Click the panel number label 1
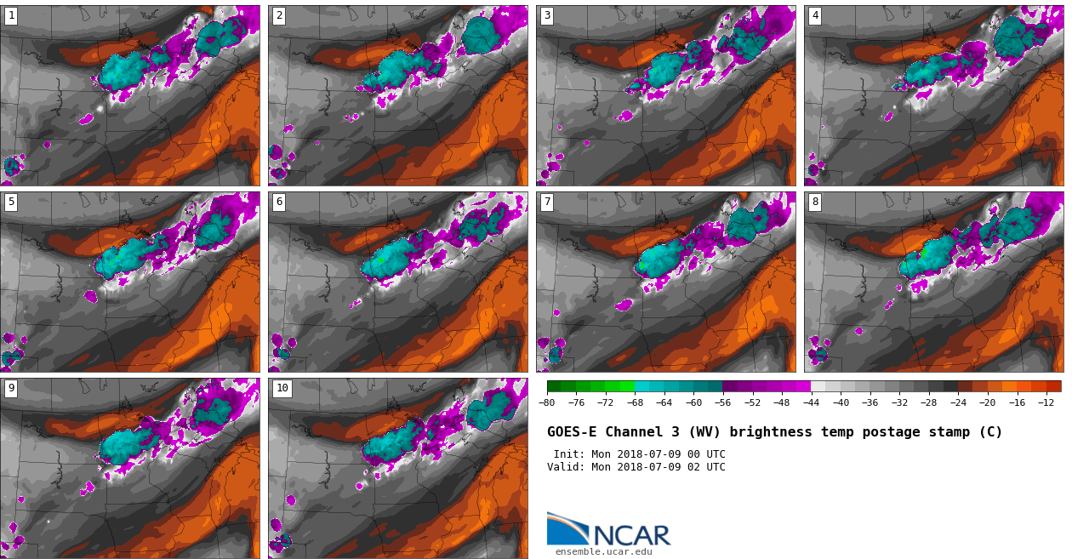(x=11, y=15)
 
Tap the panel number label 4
(x=815, y=15)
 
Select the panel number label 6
(x=279, y=202)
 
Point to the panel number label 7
(x=547, y=202)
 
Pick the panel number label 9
(x=11, y=388)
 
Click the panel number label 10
(x=282, y=388)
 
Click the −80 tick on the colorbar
(x=547, y=402)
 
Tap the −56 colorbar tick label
(x=723, y=402)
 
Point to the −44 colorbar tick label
(x=811, y=402)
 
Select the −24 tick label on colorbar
(x=958, y=402)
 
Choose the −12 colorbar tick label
(x=1046, y=402)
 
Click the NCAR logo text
(x=631, y=535)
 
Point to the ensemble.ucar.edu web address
(x=603, y=552)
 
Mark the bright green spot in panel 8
(x=923, y=253)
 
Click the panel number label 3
(x=547, y=15)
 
